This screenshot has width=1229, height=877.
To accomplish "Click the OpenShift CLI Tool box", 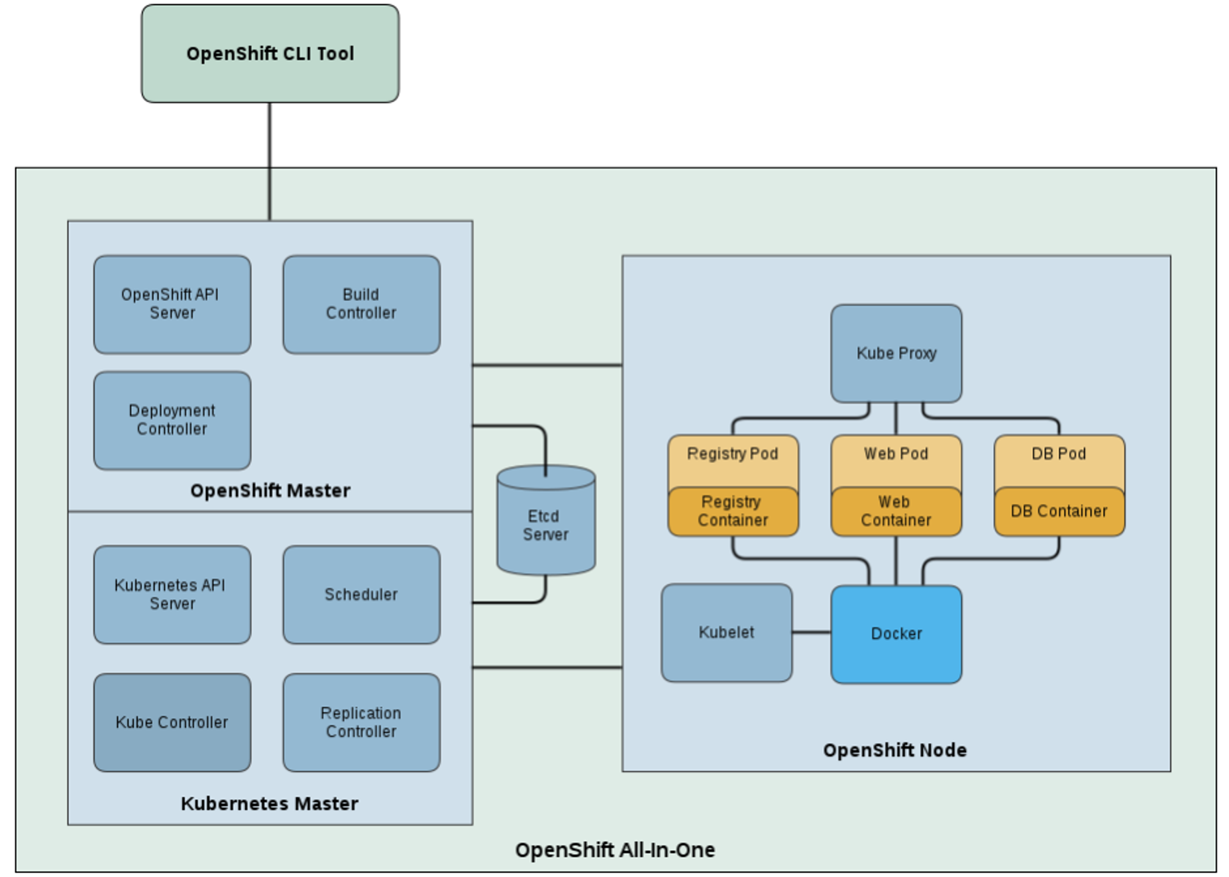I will [270, 54].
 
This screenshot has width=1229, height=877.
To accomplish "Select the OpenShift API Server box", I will [172, 304].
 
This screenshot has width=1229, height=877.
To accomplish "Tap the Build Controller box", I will [361, 304].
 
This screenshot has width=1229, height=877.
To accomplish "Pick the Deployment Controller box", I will [172, 420].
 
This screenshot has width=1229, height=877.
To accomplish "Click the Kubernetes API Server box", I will [172, 594].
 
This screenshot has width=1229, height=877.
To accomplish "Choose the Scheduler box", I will [361, 594].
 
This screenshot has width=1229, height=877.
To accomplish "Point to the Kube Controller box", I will [172, 722].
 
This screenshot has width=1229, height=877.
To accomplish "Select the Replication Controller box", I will [361, 722].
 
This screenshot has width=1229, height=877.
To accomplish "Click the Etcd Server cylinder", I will [546, 525].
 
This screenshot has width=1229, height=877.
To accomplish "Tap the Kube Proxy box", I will [896, 353].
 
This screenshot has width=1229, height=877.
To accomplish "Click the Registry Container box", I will [733, 511].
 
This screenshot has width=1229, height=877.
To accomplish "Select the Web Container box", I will [896, 511].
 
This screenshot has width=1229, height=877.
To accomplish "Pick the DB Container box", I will [1059, 511].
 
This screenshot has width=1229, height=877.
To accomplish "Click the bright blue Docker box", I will [896, 634].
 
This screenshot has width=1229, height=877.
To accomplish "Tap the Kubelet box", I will [726, 633].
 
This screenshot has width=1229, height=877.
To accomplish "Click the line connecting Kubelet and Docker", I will [812, 633].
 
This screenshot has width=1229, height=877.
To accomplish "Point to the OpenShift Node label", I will [894, 750].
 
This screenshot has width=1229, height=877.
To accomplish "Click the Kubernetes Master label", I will [269, 803].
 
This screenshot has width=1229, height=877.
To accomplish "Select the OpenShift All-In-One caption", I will [615, 850].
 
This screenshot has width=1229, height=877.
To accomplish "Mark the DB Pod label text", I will [1059, 454].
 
